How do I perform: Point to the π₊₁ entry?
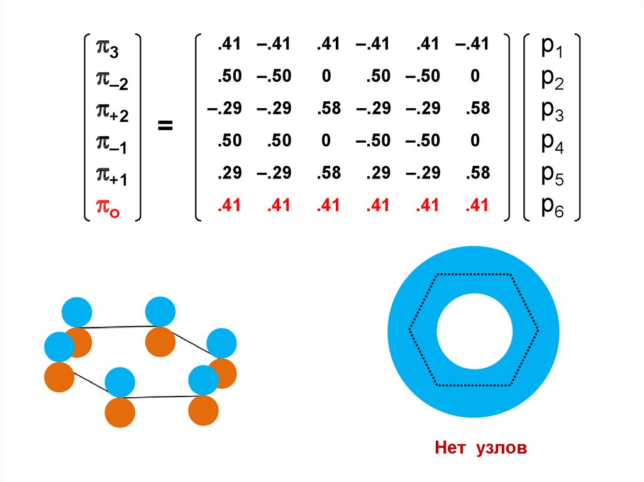[111, 175]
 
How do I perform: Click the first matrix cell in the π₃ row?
[226, 45]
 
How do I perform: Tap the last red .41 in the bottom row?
[477, 205]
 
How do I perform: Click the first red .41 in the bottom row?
[226, 205]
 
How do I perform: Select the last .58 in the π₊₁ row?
[477, 173]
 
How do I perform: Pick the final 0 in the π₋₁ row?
[475, 141]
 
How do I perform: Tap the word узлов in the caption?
[502, 448]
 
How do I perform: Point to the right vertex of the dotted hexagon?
[539, 329]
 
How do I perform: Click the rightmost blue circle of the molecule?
[221, 342]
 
